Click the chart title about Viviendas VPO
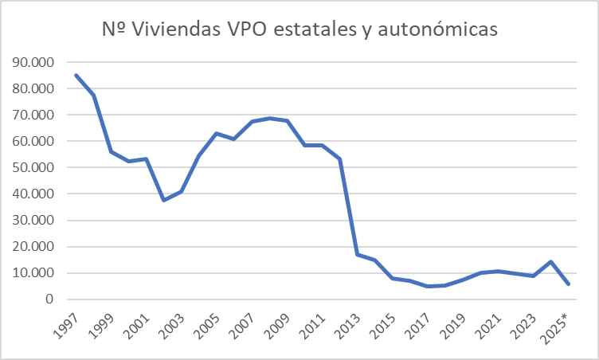coord(299,29)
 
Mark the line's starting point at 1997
coord(76,75)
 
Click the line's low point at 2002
coord(163,200)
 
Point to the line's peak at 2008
coord(268,119)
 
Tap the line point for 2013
coord(356,254)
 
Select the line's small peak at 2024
coord(549,261)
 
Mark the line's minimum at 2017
coord(426,286)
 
